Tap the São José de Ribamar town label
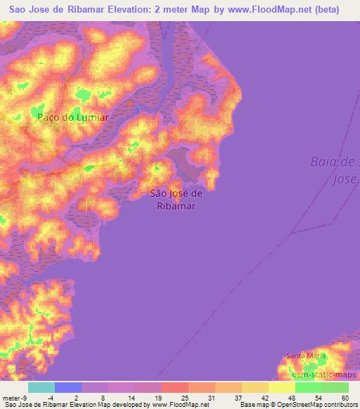[x=177, y=200]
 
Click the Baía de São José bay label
[x=335, y=170]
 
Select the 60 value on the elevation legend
[x=344, y=397]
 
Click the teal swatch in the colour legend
[x=41, y=387]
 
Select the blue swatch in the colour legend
[x=68, y=387]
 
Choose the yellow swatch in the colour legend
[x=282, y=387]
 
